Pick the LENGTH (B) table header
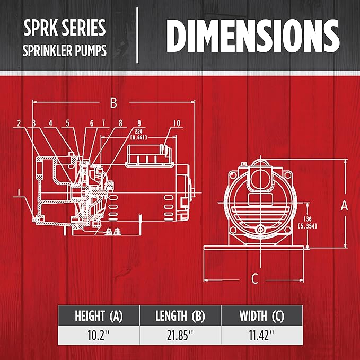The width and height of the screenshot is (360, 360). coord(180,317)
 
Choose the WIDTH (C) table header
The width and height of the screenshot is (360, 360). coord(261,317)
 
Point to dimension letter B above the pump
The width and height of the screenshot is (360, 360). coord(113,103)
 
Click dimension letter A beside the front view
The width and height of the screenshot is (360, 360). coord(344,205)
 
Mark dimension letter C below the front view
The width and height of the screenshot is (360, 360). coord(254,277)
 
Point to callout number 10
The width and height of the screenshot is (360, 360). coord(177,124)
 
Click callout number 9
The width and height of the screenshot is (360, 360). coord(138,124)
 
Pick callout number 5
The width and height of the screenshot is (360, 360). coord(68,124)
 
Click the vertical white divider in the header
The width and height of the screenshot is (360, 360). coord(137,36)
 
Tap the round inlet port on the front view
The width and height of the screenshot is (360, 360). coord(260,178)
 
